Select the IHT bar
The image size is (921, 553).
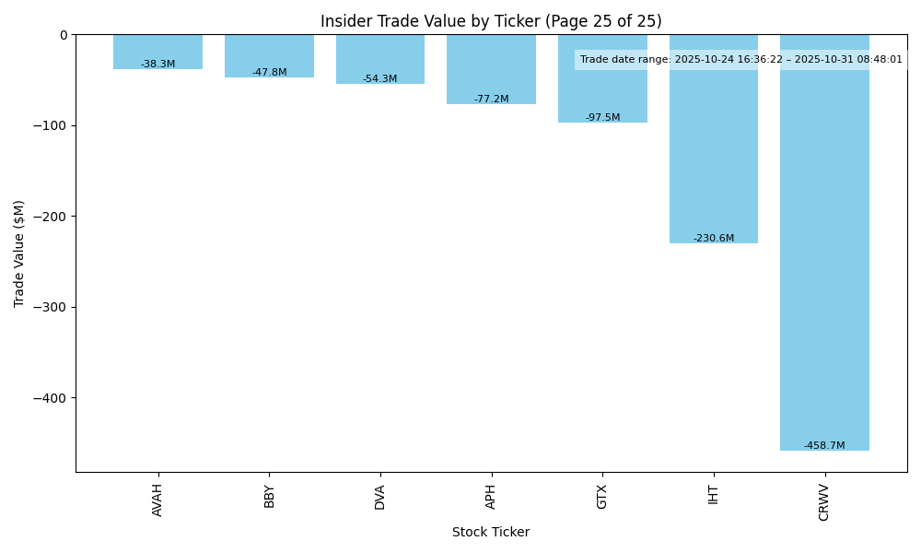click(x=714, y=138)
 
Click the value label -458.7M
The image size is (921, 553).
click(x=824, y=446)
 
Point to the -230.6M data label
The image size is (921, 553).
click(x=714, y=239)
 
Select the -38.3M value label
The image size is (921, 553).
click(x=157, y=65)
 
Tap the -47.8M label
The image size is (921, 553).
click(x=269, y=73)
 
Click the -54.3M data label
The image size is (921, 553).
click(x=379, y=79)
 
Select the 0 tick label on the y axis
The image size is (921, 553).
click(x=64, y=35)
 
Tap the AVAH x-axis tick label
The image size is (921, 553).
click(x=157, y=500)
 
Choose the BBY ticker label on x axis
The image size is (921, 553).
click(x=269, y=496)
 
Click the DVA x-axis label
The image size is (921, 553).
click(x=379, y=496)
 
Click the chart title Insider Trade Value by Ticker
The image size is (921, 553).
click(x=491, y=21)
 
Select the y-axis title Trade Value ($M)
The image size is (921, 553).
click(x=19, y=253)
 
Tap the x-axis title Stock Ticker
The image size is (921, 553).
click(x=491, y=533)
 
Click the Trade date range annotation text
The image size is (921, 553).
click(x=740, y=60)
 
